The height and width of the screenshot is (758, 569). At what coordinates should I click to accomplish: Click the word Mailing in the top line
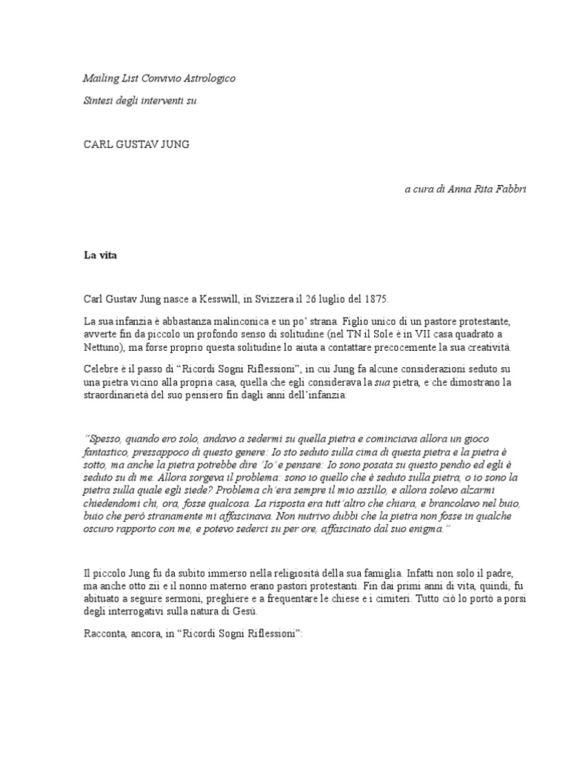pyautogui.click(x=99, y=78)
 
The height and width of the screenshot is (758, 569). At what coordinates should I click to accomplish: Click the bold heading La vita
pyautogui.click(x=100, y=255)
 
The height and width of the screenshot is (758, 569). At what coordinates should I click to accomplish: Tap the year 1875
pyautogui.click(x=375, y=299)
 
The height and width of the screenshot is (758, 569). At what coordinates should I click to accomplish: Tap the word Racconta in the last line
pyautogui.click(x=105, y=634)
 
